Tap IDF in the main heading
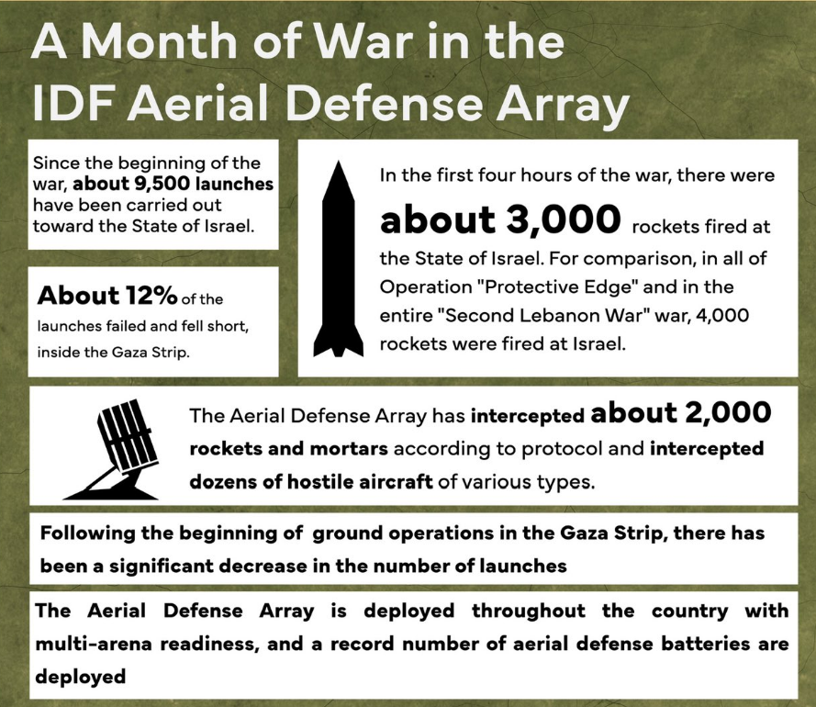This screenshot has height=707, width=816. click(x=75, y=103)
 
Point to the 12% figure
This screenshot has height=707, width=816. click(x=151, y=295)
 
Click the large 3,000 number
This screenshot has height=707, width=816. click(x=563, y=220)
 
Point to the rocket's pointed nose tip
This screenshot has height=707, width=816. click(x=339, y=161)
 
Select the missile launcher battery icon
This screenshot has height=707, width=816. click(x=111, y=449)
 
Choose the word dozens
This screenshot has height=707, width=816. click(x=222, y=481)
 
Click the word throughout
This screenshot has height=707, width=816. click(x=528, y=611)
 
